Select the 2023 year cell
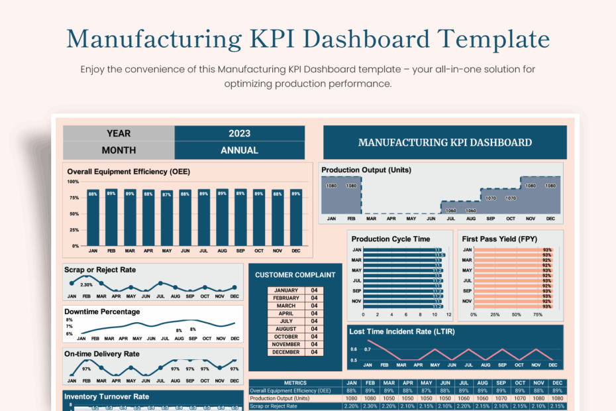click(239, 133)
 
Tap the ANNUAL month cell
click(239, 150)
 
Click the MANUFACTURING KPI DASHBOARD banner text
click(444, 142)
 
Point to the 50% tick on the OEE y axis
click(73, 214)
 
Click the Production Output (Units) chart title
click(366, 170)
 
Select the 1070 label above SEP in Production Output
click(491, 198)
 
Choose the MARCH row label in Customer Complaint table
click(286, 306)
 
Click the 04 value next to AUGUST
click(315, 329)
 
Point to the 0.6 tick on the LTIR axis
click(354, 349)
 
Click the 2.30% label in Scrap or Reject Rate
click(86, 285)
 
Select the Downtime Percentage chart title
click(102, 312)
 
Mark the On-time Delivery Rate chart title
click(102, 354)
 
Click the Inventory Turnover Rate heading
click(106, 396)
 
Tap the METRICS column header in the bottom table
click(295, 383)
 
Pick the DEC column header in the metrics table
click(558, 383)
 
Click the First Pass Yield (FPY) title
click(499, 239)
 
